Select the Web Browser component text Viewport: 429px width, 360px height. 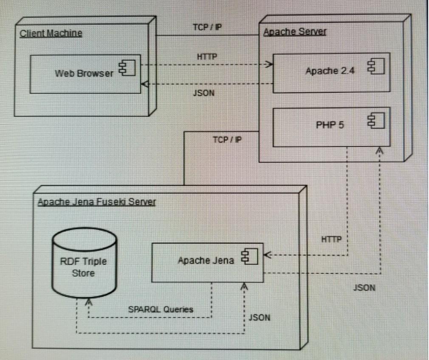point(84,73)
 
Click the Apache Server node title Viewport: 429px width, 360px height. point(295,32)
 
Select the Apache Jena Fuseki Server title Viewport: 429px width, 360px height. point(96,201)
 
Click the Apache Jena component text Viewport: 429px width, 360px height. point(206,260)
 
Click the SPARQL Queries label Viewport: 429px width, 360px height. point(161,309)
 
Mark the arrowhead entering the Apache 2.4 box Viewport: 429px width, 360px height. point(269,65)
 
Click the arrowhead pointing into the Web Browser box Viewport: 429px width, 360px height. point(144,84)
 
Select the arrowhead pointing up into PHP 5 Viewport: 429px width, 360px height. point(380,150)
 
